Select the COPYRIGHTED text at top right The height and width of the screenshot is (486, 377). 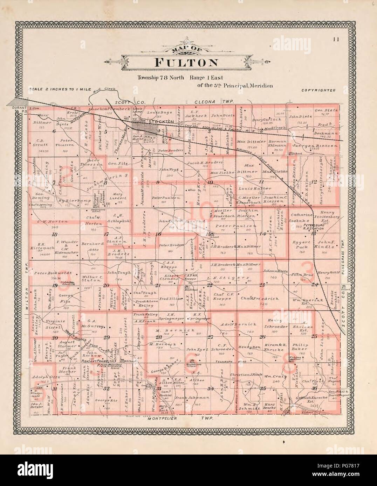[318, 90]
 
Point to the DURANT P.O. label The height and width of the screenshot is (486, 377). [20, 109]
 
